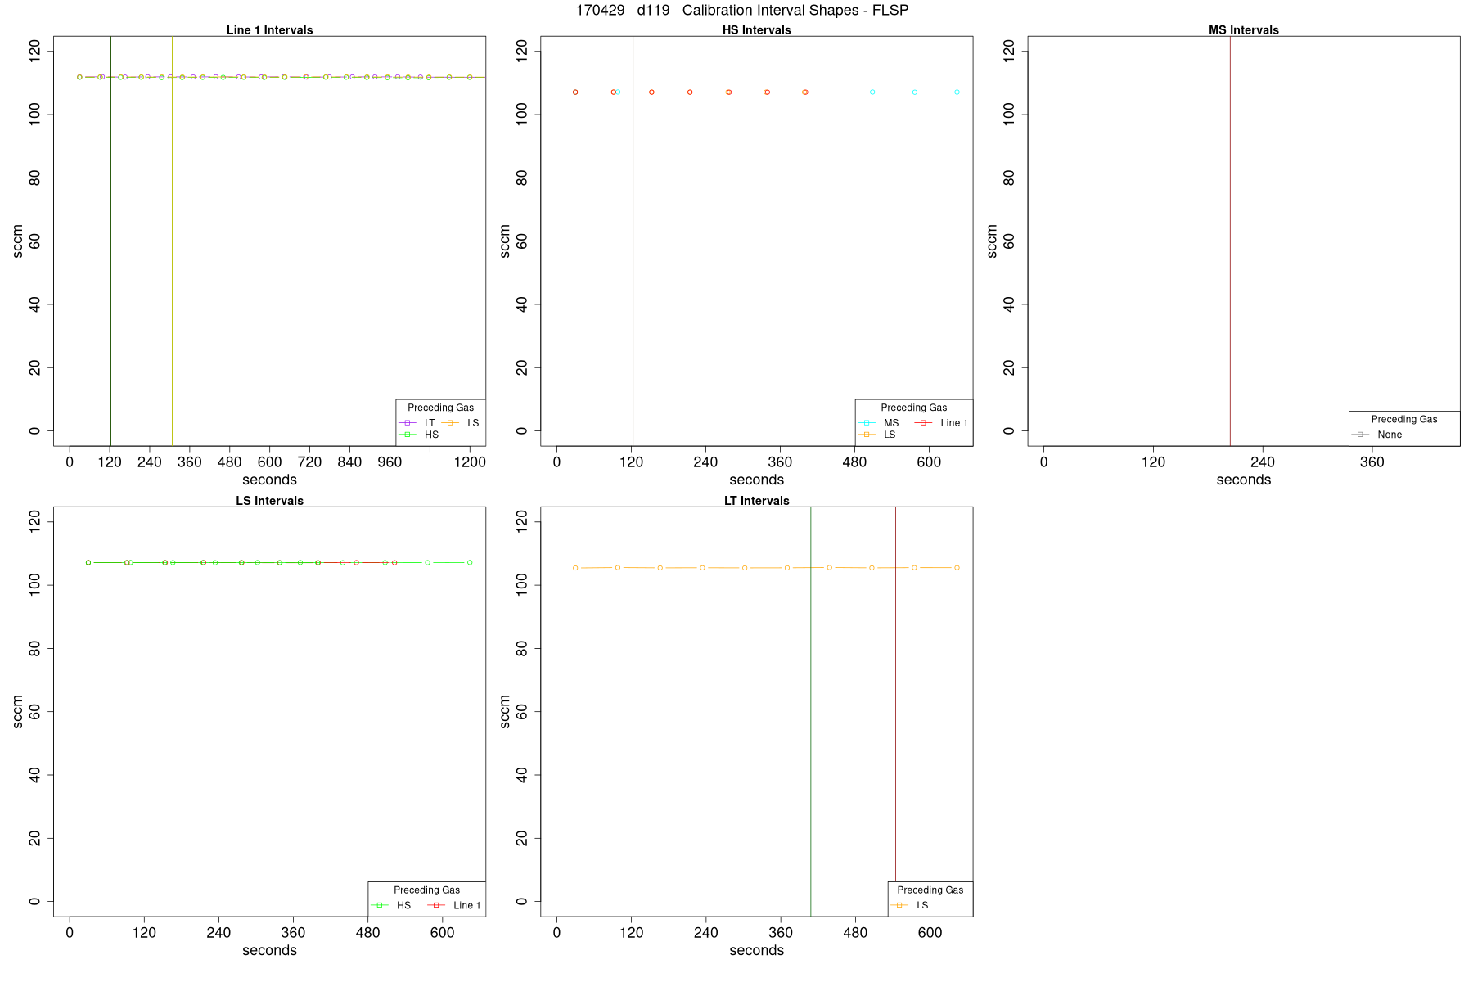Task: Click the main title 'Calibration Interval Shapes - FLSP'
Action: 795,11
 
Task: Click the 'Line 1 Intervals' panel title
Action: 269,30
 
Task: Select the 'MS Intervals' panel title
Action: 1243,30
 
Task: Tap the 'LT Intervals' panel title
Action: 756,501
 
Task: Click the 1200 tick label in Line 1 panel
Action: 470,462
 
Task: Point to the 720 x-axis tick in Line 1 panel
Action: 309,462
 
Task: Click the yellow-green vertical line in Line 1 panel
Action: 172,245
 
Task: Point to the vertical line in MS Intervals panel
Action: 1230,245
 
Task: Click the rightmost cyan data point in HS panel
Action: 957,92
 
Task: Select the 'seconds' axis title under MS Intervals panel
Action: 1243,480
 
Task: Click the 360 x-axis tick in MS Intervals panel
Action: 1372,462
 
